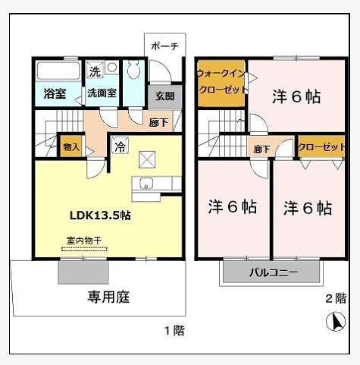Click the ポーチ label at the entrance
(x=164, y=46)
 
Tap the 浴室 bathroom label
(x=53, y=94)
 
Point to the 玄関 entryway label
(x=165, y=96)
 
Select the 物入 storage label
(x=70, y=147)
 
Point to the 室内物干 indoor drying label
(x=83, y=241)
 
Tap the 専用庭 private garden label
(x=108, y=297)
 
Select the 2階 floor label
(x=335, y=297)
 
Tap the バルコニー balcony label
(x=274, y=272)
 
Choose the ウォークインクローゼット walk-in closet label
(x=221, y=82)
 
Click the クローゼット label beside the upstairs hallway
(x=321, y=147)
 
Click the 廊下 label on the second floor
(x=261, y=149)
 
